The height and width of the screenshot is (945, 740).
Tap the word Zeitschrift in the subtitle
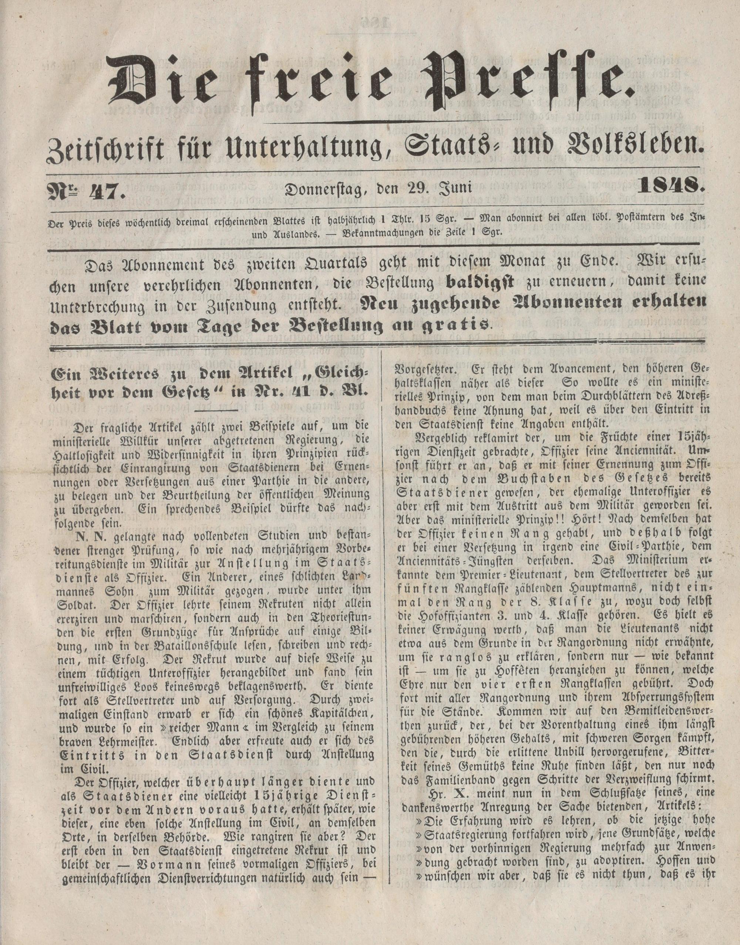coord(99,150)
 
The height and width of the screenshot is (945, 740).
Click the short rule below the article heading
coord(216,410)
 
